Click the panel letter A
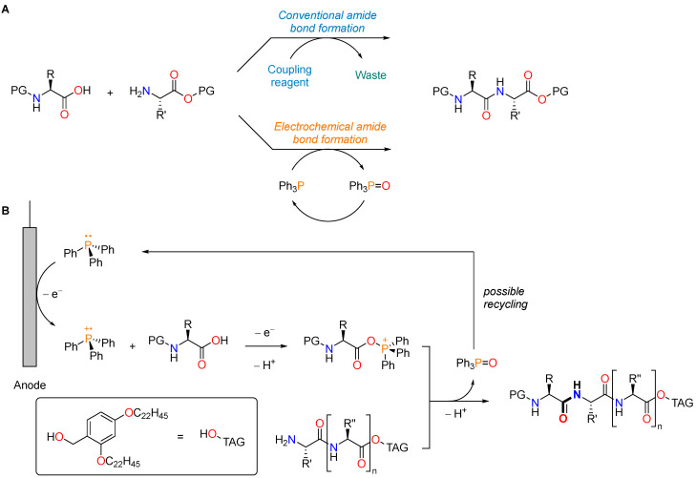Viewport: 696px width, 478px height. point(6,7)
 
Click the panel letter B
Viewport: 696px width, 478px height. point(6,229)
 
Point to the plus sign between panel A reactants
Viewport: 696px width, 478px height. point(109,94)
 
